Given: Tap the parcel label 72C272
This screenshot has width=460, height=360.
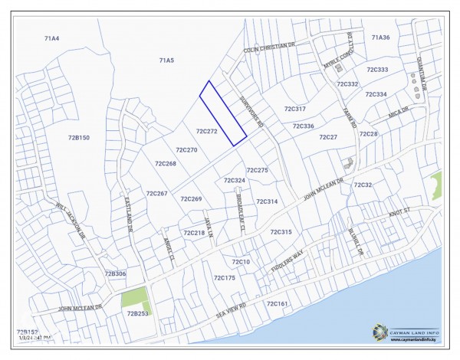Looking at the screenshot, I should (x=206, y=132).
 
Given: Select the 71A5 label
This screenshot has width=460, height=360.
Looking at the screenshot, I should (x=166, y=60).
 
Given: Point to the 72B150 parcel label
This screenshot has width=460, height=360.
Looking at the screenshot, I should (x=79, y=137).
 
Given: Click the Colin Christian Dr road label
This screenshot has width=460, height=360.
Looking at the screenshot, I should (x=269, y=47).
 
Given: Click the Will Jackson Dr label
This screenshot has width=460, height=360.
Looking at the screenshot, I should (x=71, y=221).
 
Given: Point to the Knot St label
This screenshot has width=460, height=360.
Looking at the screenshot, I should (x=400, y=212).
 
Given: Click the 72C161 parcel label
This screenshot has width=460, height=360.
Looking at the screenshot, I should (x=277, y=304).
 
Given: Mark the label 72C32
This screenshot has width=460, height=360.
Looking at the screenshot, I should (x=363, y=185).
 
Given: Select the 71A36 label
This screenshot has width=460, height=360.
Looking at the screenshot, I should (x=380, y=37).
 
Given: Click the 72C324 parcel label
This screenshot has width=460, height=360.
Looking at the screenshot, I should (x=234, y=181).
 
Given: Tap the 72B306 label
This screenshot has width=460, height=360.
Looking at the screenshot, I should (x=115, y=273).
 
